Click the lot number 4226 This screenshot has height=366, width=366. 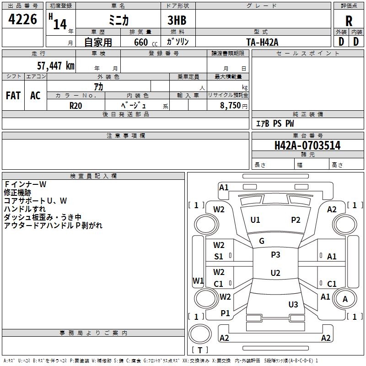(22, 19)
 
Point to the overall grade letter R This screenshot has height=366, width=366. (349, 21)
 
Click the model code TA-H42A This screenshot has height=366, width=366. (262, 42)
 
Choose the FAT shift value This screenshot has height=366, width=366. (13, 96)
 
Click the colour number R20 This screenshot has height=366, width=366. (75, 105)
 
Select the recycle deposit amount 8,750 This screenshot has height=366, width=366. (230, 105)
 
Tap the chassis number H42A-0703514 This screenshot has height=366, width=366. (307, 145)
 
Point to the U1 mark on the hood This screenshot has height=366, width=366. (255, 220)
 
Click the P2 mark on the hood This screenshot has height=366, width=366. (296, 220)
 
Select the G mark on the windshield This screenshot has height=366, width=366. (262, 241)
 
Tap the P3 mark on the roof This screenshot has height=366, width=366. (275, 255)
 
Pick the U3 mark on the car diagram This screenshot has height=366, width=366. (293, 304)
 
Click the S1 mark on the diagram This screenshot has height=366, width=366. (219, 257)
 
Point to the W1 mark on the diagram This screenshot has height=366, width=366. (198, 280)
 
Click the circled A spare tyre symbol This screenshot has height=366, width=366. (345, 299)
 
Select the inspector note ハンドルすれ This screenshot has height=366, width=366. (27, 209)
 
